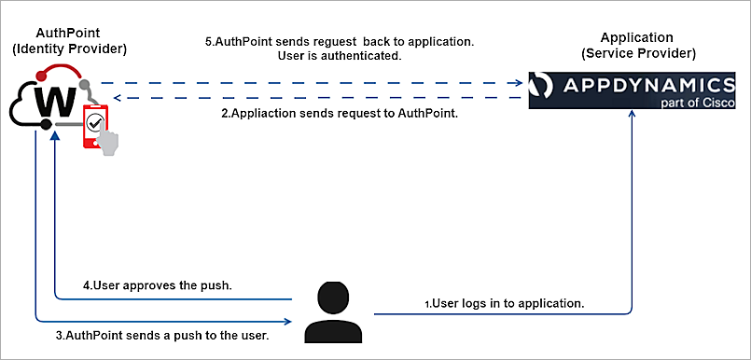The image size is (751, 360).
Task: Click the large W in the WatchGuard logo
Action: click(54, 101)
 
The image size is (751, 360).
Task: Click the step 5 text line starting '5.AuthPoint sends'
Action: click(339, 42)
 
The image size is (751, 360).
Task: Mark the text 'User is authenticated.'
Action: click(339, 57)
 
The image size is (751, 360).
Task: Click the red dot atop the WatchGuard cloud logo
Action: click(40, 73)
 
